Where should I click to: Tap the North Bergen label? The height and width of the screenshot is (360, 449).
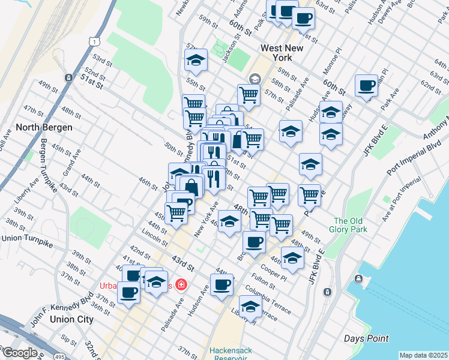tap(44, 127)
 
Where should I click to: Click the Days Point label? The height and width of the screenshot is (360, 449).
tap(366, 339)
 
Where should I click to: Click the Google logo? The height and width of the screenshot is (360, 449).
tap(19, 353)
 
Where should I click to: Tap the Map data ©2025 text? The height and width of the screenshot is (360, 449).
tap(423, 355)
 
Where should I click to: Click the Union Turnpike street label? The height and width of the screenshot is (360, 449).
tap(27, 238)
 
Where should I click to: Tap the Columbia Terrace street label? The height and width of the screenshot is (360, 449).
tap(267, 301)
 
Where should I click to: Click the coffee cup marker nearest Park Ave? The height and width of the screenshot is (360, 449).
tap(366, 86)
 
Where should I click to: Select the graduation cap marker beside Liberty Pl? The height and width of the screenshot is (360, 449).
tap(250, 306)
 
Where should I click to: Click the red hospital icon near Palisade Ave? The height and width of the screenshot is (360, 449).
tap(180, 285)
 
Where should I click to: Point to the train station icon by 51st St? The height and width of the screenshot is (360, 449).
tap(70, 77)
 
